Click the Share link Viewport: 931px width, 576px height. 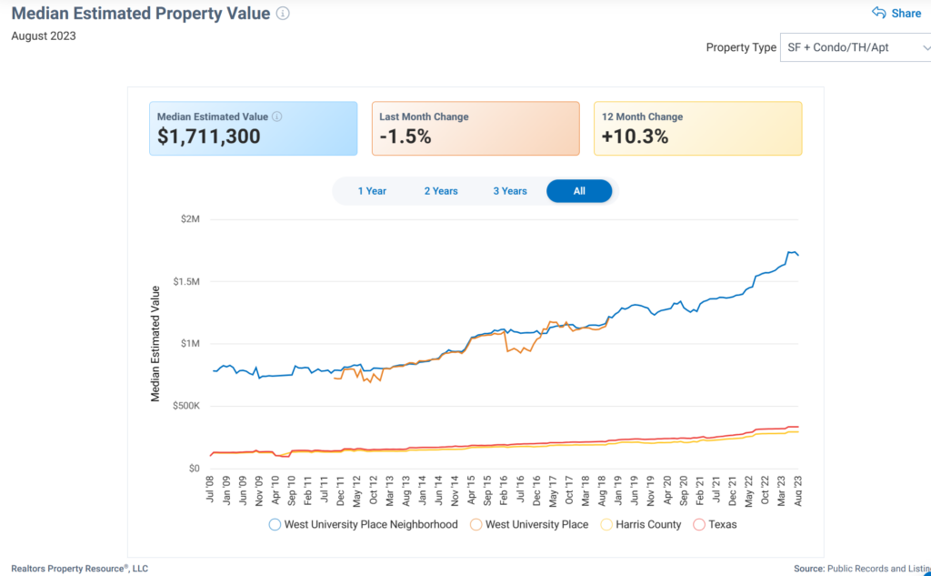click(x=896, y=13)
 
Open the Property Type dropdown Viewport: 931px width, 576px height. click(x=855, y=47)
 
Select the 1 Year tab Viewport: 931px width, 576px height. click(x=372, y=191)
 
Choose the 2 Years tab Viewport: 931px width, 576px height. click(x=441, y=191)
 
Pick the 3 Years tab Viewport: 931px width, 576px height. click(x=510, y=191)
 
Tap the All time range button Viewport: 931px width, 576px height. click(x=579, y=191)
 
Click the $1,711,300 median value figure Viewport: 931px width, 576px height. click(x=209, y=136)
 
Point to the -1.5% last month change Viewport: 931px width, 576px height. click(x=406, y=136)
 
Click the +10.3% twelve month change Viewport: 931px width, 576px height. click(x=636, y=136)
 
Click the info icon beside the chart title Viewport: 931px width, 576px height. click(x=283, y=14)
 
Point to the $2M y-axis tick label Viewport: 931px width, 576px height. click(x=190, y=219)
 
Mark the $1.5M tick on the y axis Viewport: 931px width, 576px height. click(x=185, y=281)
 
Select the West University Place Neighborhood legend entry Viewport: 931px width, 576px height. click(x=363, y=524)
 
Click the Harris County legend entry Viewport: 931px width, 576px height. click(x=640, y=524)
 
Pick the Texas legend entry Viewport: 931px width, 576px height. click(x=715, y=524)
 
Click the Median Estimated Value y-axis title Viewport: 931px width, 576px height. click(x=155, y=343)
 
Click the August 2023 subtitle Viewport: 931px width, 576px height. click(x=44, y=36)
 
